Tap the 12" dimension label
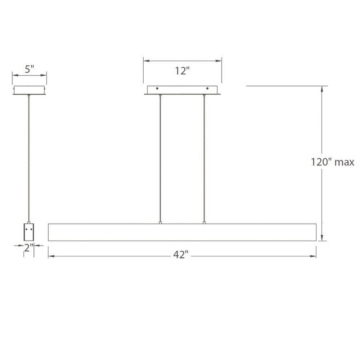click(x=182, y=71)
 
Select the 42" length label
click(x=181, y=255)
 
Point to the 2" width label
click(x=29, y=248)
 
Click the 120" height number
click(x=321, y=162)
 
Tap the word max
click(x=345, y=163)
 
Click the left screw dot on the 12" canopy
click(x=157, y=89)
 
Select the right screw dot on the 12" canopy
click(x=207, y=89)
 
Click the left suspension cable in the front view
click(x=160, y=158)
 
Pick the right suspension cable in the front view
click(x=204, y=158)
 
